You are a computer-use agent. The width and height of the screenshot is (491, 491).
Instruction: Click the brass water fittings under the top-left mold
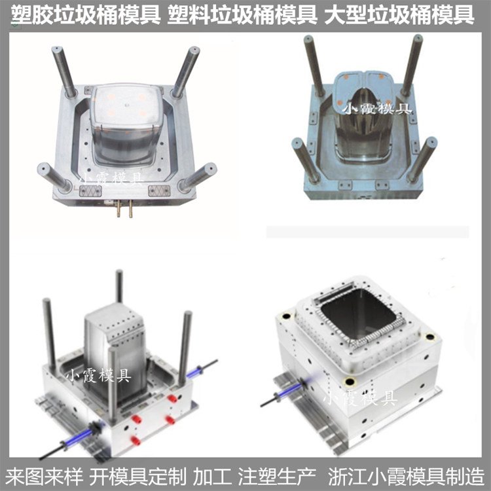(x=124, y=208)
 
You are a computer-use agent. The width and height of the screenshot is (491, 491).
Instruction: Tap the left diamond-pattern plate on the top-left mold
(x=90, y=191)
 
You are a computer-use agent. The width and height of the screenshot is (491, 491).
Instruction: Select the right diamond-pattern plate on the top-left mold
(x=159, y=191)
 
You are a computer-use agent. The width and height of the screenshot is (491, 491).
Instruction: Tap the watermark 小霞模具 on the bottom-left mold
(x=98, y=375)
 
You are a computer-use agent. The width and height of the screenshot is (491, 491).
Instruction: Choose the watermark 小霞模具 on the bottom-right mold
(x=361, y=397)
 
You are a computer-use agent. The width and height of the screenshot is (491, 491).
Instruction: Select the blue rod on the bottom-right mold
(x=291, y=390)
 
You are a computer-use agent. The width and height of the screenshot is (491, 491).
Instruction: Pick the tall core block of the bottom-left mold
(x=115, y=351)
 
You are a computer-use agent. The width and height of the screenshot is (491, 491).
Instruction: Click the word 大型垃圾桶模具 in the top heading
(x=399, y=15)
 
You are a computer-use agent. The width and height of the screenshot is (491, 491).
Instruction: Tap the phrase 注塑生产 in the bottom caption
(x=277, y=477)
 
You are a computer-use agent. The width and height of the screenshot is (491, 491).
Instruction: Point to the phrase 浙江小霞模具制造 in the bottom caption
(x=406, y=477)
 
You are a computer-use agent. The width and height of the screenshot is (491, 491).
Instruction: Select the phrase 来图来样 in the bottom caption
(x=44, y=477)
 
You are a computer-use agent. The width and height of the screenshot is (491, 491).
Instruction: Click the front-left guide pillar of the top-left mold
(x=54, y=177)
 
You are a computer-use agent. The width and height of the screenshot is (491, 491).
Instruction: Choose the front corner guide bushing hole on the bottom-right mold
(x=350, y=382)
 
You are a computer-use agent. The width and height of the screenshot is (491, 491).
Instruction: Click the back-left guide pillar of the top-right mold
(x=314, y=65)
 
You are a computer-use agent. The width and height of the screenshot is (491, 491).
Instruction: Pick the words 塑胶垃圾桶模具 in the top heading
(x=86, y=15)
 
